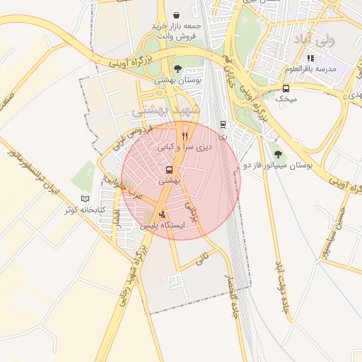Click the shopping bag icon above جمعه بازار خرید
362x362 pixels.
click(x=176, y=15)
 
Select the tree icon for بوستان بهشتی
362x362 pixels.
click(x=177, y=69)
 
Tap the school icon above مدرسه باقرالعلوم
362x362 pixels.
click(x=310, y=58)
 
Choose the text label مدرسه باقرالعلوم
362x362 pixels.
click(x=310, y=69)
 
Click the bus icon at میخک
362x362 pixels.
click(x=286, y=89)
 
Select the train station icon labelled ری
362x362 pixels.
click(x=223, y=124)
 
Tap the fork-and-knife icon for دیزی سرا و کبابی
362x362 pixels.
click(x=185, y=135)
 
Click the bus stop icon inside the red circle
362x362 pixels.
click(x=169, y=170)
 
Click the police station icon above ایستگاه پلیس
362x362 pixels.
click(x=163, y=214)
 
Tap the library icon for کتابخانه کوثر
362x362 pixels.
click(x=86, y=199)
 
